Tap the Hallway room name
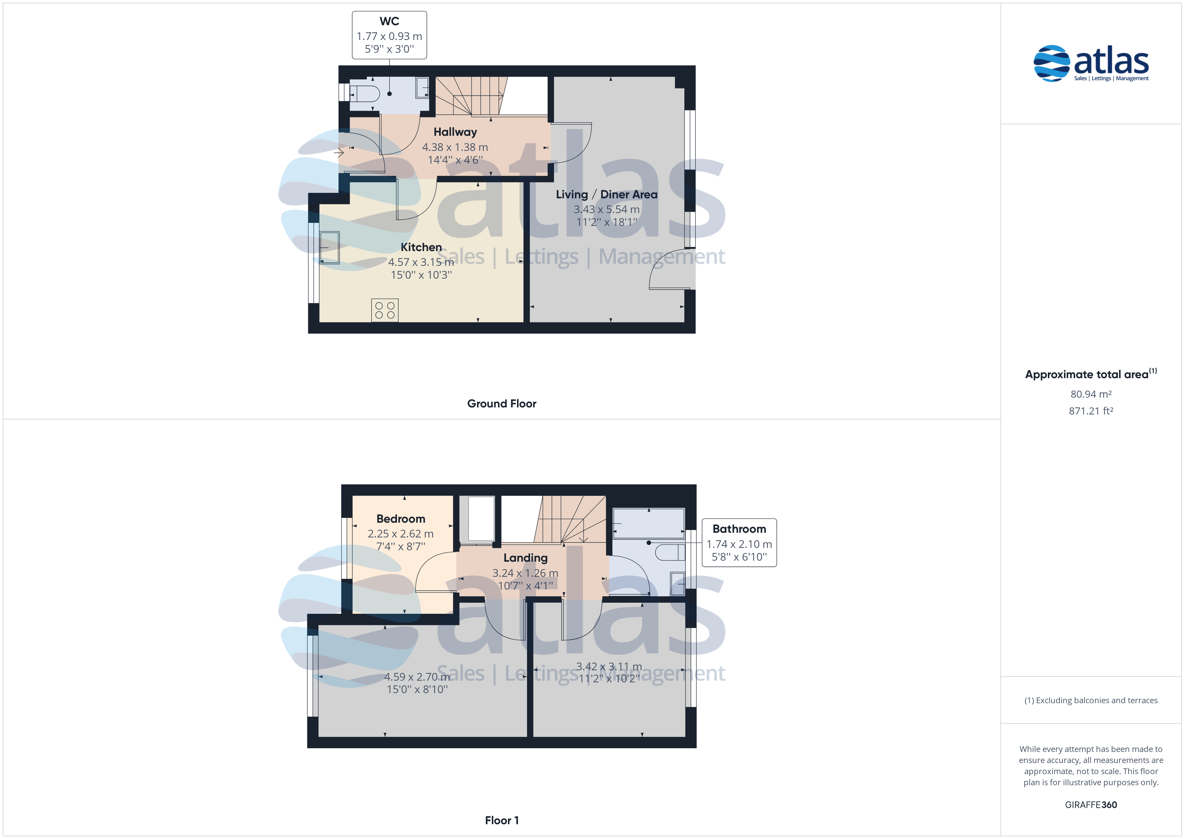click(x=455, y=132)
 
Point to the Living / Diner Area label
click(x=606, y=194)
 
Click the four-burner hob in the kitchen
click(x=385, y=310)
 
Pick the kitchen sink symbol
click(x=329, y=247)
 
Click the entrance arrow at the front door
click(x=339, y=153)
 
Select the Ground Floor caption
click(x=502, y=403)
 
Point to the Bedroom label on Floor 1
click(x=401, y=519)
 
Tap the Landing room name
click(x=525, y=558)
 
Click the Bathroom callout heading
click(x=739, y=529)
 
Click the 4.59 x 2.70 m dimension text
click(x=417, y=677)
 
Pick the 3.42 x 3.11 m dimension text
click(x=609, y=667)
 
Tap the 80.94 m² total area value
click(x=1091, y=394)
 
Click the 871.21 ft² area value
click(x=1091, y=411)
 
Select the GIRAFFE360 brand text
click(x=1091, y=805)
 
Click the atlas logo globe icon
click(x=1052, y=64)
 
